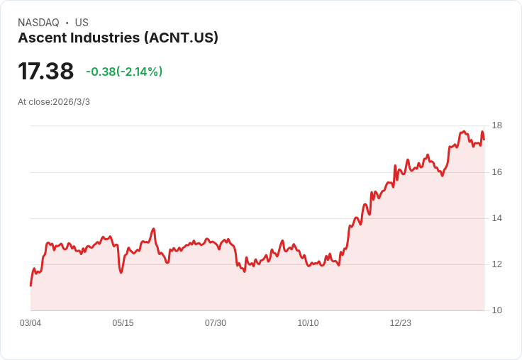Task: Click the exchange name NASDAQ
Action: [x=38, y=23]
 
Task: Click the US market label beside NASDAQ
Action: [x=82, y=23]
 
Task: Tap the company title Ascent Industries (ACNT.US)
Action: [x=118, y=38]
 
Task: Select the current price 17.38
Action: [x=45, y=71]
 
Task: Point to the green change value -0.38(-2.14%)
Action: [x=124, y=72]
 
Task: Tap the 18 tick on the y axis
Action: [x=496, y=126]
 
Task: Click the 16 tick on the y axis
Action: [x=496, y=172]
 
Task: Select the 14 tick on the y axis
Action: [x=496, y=218]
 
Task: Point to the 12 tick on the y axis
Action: [x=496, y=264]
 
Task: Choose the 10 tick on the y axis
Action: [x=496, y=310]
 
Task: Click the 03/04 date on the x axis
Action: [x=30, y=323]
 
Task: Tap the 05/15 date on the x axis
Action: [x=123, y=323]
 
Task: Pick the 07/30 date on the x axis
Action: [x=216, y=323]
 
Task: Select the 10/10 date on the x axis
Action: [x=308, y=323]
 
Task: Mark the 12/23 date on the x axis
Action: [x=401, y=323]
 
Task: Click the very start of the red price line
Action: [x=30, y=285]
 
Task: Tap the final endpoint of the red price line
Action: [x=484, y=139]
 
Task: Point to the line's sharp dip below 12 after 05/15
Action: [x=121, y=272]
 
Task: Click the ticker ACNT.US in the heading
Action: [x=181, y=38]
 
